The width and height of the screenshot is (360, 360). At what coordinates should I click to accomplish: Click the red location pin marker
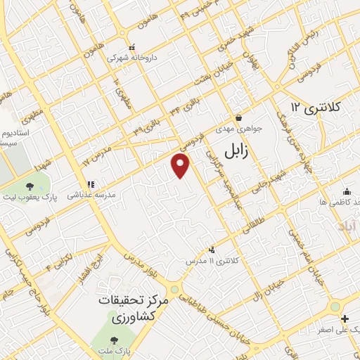click(181, 166)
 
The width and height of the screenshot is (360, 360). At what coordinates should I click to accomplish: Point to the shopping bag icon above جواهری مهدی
click(239, 117)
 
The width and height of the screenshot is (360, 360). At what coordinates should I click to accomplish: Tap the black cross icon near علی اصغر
click(335, 319)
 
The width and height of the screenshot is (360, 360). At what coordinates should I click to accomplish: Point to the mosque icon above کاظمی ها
click(346, 191)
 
